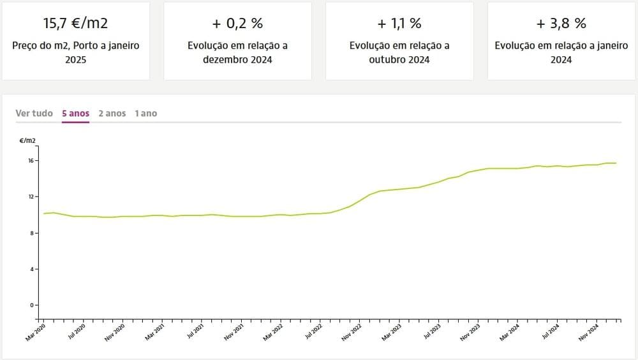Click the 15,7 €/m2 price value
click(75, 24)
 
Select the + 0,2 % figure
click(237, 24)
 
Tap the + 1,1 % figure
click(399, 24)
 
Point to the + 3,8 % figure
click(561, 24)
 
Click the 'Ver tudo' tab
click(34, 113)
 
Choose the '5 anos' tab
click(75, 113)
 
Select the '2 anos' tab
click(112, 113)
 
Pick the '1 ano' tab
click(145, 113)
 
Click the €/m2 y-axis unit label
click(27, 140)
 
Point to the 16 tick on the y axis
click(31, 160)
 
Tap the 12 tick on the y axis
click(31, 197)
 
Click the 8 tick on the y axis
click(32, 233)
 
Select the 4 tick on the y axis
click(32, 269)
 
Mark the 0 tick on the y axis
click(32, 305)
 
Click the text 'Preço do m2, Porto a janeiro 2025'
click(75, 52)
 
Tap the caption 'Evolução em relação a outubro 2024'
click(399, 52)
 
